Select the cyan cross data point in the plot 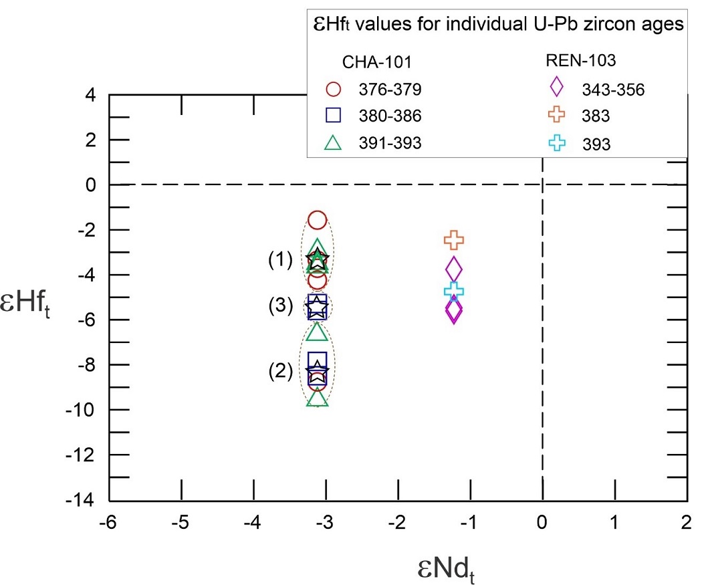coord(454,290)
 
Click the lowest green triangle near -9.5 coord(318,398)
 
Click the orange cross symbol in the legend coord(555,116)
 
